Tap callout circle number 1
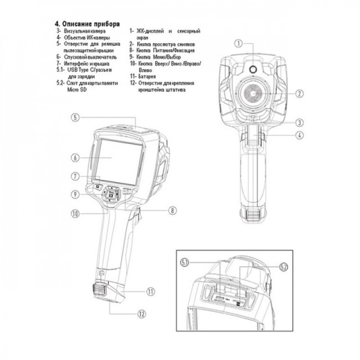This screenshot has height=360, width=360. point(239,43)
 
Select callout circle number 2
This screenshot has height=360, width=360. point(299,94)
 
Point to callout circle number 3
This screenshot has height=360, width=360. point(299,122)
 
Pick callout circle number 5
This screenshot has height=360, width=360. point(76,117)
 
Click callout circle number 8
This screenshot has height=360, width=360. point(172,210)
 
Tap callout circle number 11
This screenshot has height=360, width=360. point(150,291)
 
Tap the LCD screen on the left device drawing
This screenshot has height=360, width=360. point(116,157)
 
